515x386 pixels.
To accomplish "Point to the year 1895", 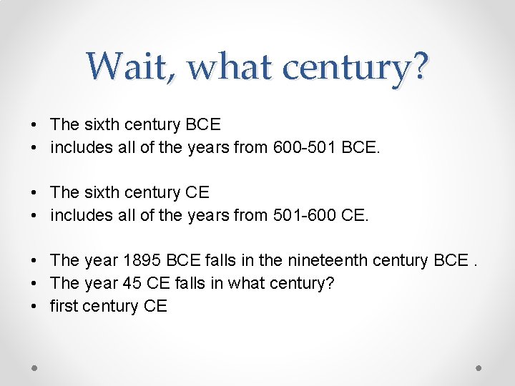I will point(142,260).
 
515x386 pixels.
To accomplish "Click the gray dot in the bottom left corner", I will point(35,367).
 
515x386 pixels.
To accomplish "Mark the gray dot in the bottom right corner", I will point(479,367).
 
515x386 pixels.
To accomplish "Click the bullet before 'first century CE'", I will point(35,307).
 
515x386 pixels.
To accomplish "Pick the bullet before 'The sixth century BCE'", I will point(35,125).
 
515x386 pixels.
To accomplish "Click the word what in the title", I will point(232,66).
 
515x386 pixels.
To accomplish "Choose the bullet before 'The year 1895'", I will point(35,261).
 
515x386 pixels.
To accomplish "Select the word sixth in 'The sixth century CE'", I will point(101,192).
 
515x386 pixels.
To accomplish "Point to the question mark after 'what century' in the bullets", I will point(330,283).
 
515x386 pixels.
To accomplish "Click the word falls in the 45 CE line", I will point(187,283).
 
